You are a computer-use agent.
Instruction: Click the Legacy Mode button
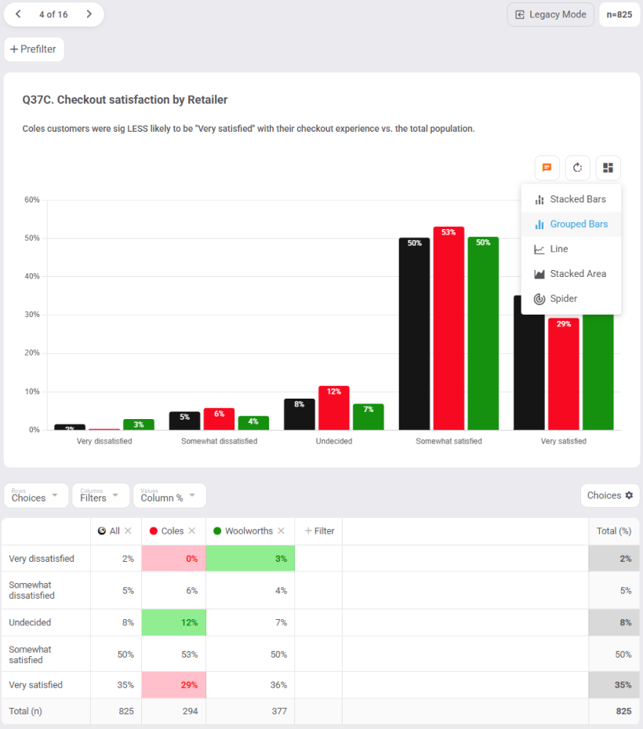pos(551,14)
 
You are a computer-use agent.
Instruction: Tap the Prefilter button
pos(34,49)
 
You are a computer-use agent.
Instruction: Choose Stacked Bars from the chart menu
pos(570,199)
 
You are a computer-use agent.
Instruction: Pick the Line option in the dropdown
pos(558,249)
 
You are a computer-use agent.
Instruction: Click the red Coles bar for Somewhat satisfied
pos(449,330)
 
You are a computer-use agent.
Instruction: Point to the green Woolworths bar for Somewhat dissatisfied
pos(253,423)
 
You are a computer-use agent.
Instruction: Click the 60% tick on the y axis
pos(32,200)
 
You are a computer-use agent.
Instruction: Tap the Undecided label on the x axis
pos(334,441)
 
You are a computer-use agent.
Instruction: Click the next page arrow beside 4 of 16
pos(89,14)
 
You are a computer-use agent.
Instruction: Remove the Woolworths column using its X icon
pos(281,531)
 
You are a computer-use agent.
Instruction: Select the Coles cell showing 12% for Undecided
pos(173,622)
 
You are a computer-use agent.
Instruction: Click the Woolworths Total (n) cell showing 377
pos(250,711)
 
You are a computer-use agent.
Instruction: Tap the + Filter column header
pos(318,531)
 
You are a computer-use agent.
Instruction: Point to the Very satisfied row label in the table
pos(36,685)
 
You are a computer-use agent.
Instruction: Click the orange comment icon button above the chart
pos(547,167)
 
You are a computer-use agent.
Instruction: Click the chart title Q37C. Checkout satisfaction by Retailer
pos(125,100)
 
